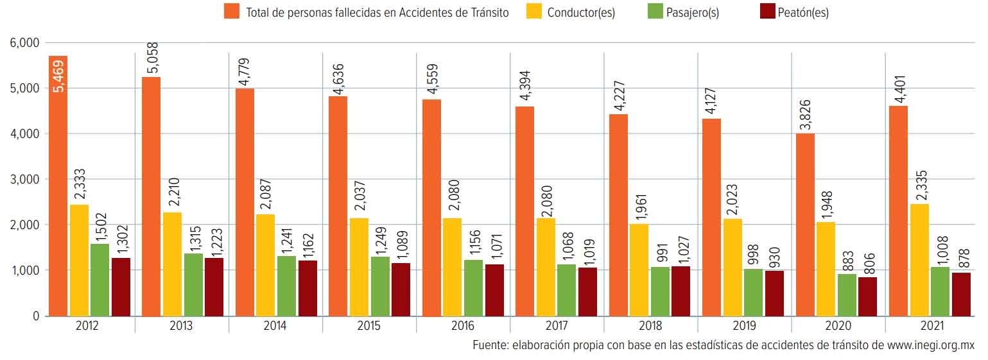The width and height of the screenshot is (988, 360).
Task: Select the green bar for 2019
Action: coord(753,292)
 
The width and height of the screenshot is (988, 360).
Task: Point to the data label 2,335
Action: coord(919,181)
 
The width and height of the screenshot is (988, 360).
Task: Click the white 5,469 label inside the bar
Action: coord(58,76)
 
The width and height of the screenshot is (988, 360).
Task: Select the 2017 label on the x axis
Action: coord(556,325)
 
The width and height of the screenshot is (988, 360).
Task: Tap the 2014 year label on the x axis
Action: coord(275,325)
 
